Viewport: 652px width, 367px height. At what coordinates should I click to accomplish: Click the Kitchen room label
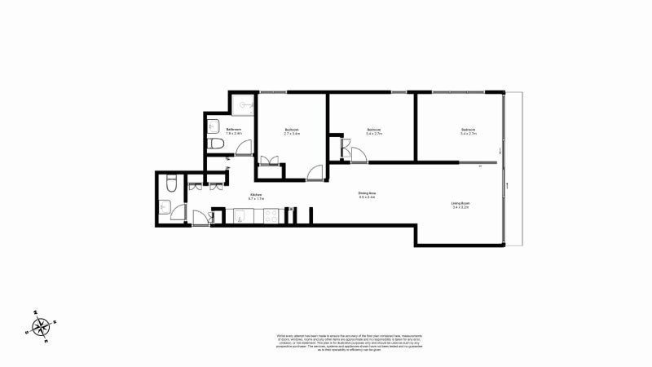coord(255,193)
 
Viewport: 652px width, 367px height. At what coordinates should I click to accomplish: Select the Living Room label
coord(461,203)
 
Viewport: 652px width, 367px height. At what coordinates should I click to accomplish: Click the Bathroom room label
coord(234,130)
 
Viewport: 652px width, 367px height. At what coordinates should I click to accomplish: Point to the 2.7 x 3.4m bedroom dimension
coord(292,134)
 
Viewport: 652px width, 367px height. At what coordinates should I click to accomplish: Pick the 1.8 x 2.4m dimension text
coord(234,134)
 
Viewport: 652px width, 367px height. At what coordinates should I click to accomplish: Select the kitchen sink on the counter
coord(243,215)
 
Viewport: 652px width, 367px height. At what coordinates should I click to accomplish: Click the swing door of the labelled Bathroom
coord(243,147)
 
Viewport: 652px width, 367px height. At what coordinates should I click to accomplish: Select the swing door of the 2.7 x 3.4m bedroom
coord(315,172)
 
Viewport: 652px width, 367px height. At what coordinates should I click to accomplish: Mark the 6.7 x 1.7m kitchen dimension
coord(255,197)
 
